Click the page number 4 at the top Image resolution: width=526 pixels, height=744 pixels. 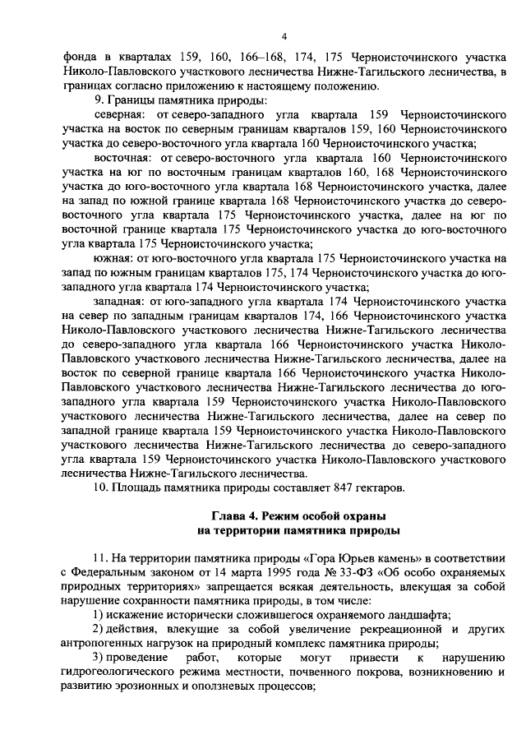[284, 36]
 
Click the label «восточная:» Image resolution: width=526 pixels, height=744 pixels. [123, 158]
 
